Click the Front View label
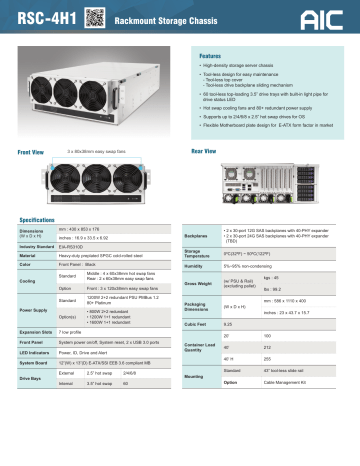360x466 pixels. (32, 150)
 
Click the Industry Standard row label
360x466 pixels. (38, 246)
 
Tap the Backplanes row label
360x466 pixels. (201, 236)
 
